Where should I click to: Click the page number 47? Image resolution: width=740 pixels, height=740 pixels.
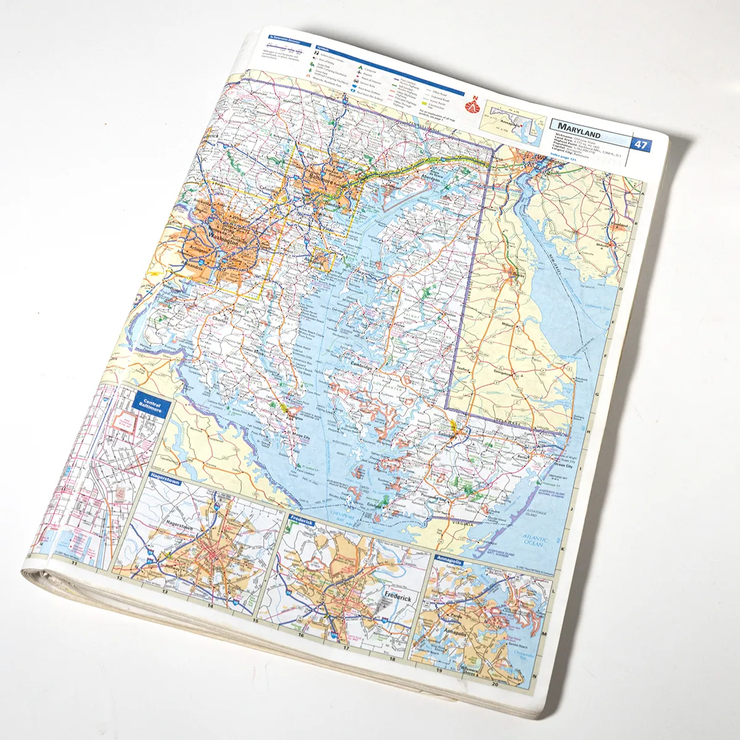click(x=641, y=145)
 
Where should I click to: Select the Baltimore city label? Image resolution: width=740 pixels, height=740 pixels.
click(x=320, y=179)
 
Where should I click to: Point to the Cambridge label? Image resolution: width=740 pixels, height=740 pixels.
click(x=362, y=365)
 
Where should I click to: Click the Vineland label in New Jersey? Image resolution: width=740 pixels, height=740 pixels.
click(x=619, y=226)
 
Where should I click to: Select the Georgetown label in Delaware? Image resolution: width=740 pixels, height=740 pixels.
click(x=503, y=373)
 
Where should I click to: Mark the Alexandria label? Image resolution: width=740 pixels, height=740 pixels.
click(x=192, y=266)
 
